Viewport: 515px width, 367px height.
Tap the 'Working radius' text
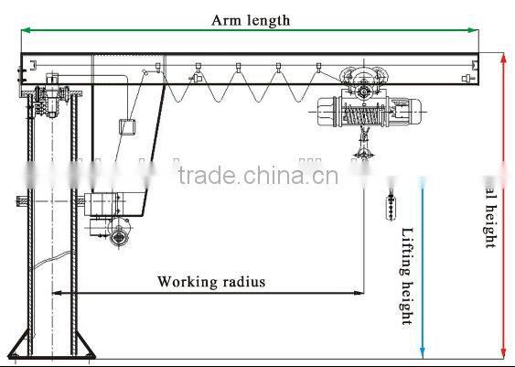point(211,281)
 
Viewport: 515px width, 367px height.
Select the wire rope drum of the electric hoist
point(359,113)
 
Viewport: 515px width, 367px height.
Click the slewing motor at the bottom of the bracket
point(119,237)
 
